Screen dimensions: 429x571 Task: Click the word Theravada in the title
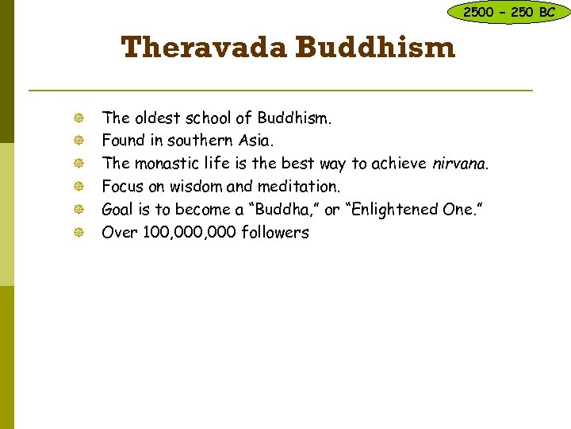[x=205, y=48]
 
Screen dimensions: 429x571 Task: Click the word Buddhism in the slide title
[x=376, y=48]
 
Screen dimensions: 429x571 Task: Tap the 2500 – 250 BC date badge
[x=509, y=12]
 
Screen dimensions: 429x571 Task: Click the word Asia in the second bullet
[x=255, y=141]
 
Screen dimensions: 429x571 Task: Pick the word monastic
[x=163, y=164]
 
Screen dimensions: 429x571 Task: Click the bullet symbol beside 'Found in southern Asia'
[x=76, y=141]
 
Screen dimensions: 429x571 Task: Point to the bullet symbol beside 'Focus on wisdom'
[x=76, y=187]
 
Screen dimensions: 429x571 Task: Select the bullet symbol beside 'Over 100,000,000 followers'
[x=76, y=234]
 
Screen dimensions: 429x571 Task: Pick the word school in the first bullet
[x=208, y=118]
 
